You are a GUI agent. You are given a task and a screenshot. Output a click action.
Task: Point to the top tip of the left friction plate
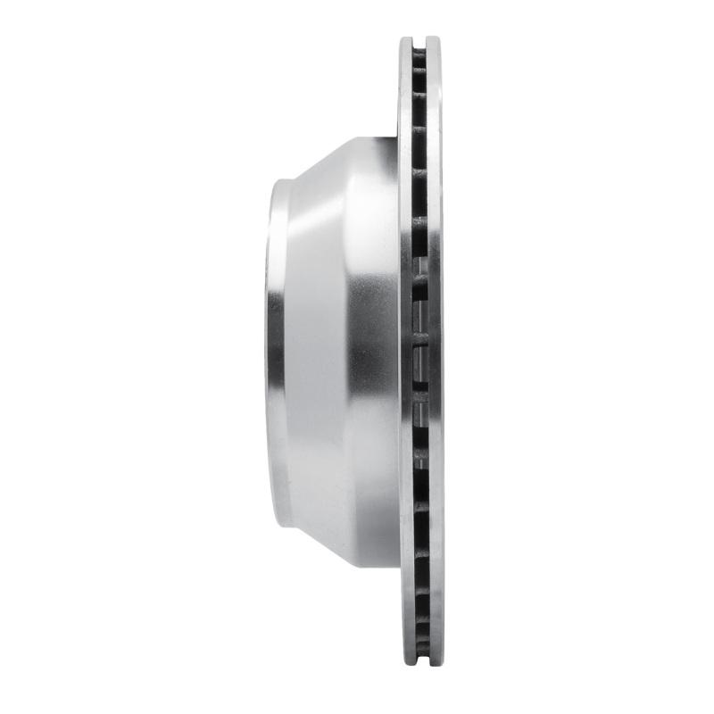[x=406, y=38]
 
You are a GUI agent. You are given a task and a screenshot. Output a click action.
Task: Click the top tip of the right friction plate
[x=434, y=38]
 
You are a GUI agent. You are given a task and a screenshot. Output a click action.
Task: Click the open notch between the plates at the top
[x=419, y=40]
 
